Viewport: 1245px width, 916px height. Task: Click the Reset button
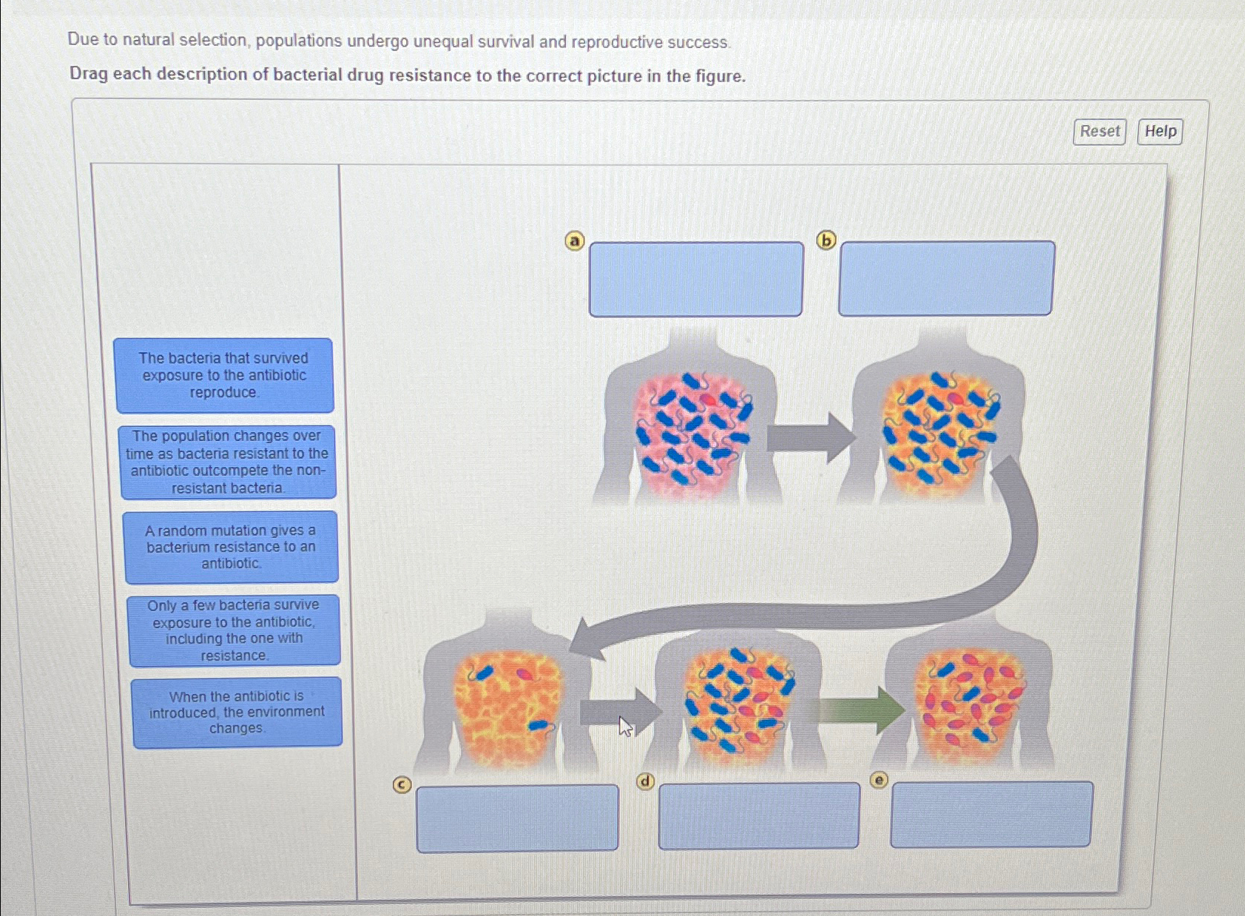1099,132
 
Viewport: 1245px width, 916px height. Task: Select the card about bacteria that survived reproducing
224,375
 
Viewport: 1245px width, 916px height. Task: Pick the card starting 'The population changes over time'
227,462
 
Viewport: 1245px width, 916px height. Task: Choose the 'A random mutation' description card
231,547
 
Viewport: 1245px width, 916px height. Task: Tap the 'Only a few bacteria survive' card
234,630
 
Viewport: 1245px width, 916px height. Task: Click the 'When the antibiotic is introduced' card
237,713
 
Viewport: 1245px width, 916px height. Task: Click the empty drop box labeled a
695,279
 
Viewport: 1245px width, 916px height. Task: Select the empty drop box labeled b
945,278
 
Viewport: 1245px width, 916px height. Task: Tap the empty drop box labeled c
517,818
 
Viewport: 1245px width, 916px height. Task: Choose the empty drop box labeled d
758,815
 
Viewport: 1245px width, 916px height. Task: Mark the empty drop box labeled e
991,814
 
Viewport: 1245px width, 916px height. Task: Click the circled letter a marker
575,241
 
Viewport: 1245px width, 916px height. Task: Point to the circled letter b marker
826,240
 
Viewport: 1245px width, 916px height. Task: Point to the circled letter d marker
645,781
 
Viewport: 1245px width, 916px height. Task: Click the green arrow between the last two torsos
861,710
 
